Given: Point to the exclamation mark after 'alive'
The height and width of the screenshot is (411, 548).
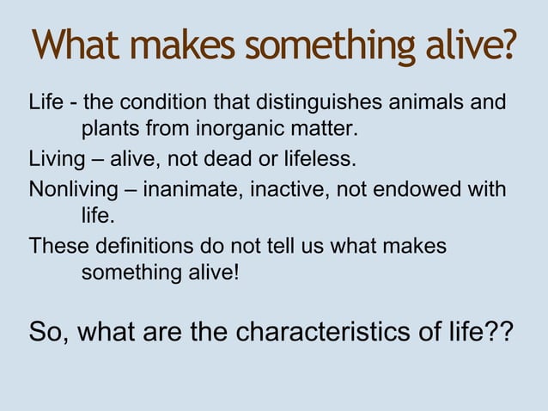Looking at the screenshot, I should tap(225, 273).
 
